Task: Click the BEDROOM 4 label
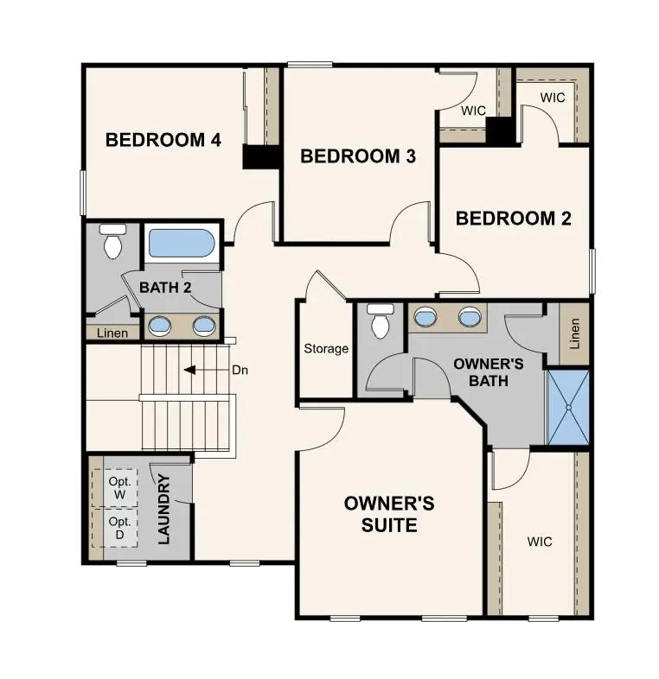pyautogui.click(x=163, y=140)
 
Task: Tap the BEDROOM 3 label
pyautogui.click(x=358, y=156)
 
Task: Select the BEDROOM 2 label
pyautogui.click(x=513, y=218)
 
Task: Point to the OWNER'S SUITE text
pyautogui.click(x=388, y=513)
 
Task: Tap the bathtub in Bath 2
pyautogui.click(x=181, y=243)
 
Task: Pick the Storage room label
pyautogui.click(x=326, y=349)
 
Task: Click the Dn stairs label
pyautogui.click(x=240, y=370)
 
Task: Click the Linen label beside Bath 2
pyautogui.click(x=112, y=333)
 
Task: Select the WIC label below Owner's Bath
pyautogui.click(x=540, y=542)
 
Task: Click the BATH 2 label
pyautogui.click(x=165, y=288)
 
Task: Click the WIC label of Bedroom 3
pyautogui.click(x=472, y=111)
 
